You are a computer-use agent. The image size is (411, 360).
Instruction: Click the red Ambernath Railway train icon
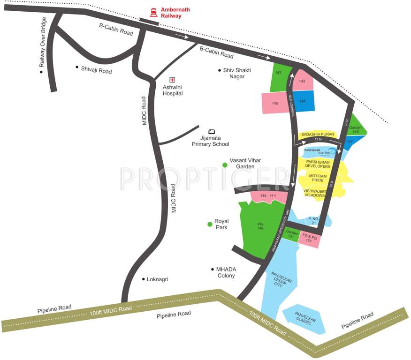click(x=153, y=12)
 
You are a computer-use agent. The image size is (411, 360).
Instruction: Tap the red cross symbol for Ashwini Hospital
click(x=172, y=79)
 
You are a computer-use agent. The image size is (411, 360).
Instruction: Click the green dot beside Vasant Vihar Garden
click(x=225, y=165)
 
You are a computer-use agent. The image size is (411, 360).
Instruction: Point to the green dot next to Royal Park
click(x=210, y=224)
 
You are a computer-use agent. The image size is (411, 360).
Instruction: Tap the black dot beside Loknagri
click(x=144, y=279)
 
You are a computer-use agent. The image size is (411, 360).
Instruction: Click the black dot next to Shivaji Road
click(x=77, y=67)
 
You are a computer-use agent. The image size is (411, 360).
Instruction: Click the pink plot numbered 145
click(x=275, y=103)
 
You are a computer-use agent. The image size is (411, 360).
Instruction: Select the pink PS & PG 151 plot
click(x=309, y=239)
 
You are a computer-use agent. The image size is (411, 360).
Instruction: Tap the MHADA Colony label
click(x=226, y=272)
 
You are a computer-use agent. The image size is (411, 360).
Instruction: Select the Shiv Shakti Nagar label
click(x=237, y=73)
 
